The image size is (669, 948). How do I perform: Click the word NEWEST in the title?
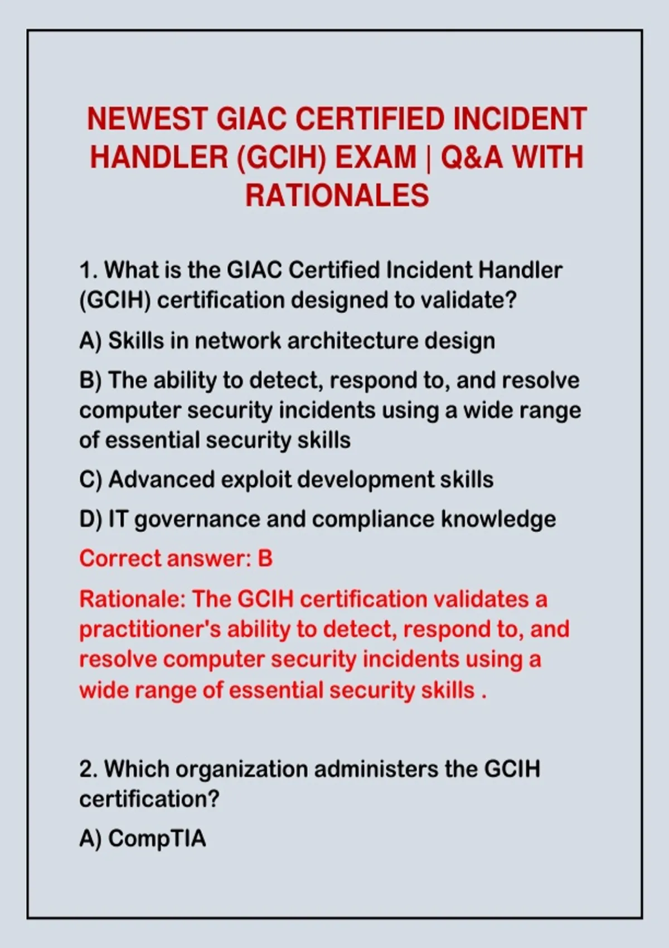tap(147, 119)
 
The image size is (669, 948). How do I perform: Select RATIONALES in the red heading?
tap(337, 196)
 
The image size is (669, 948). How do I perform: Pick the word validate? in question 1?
tap(468, 300)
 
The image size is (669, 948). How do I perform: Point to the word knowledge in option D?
tap(498, 520)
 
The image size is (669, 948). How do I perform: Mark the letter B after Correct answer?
tap(265, 559)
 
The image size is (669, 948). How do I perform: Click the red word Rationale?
tap(133, 599)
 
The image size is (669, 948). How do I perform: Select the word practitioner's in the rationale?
tap(150, 630)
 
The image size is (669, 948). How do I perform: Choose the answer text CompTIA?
tap(157, 838)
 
